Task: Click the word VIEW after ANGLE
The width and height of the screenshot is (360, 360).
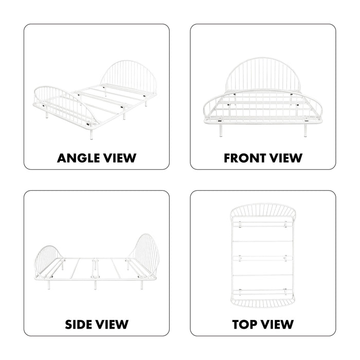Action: coord(120,158)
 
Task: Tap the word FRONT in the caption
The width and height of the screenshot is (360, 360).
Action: coord(244,158)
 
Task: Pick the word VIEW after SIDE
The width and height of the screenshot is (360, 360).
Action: coord(112,325)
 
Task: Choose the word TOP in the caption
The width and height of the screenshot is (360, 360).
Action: coord(244,325)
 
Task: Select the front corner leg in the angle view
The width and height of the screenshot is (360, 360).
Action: coord(92,135)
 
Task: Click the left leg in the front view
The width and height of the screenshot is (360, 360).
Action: coord(221,131)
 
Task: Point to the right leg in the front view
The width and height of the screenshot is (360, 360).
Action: coord(305,131)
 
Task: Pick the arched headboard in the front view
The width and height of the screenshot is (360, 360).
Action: coord(263,59)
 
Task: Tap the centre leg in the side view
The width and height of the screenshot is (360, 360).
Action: coord(95,284)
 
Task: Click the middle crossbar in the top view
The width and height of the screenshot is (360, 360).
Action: coord(263,258)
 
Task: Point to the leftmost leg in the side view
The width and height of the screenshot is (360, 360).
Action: coord(49,285)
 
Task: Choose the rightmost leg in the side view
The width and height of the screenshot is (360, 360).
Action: coord(141,285)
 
